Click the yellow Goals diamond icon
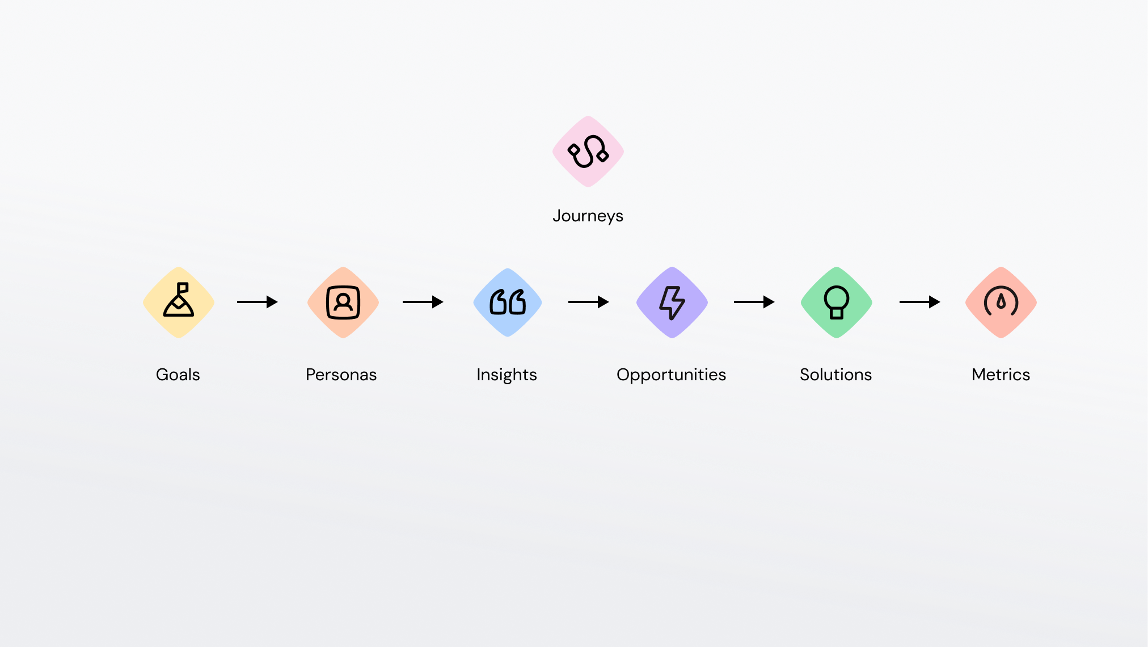(x=179, y=303)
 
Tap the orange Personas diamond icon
(x=343, y=303)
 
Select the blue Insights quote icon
(x=508, y=303)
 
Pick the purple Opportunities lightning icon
(x=672, y=303)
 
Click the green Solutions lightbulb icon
(x=837, y=303)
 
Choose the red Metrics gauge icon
(x=1001, y=303)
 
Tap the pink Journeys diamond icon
(x=588, y=152)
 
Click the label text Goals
(x=178, y=375)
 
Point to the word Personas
(x=341, y=375)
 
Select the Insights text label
(x=507, y=375)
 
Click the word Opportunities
(x=672, y=375)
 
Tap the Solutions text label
(x=836, y=375)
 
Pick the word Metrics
(x=1001, y=375)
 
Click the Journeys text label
(x=588, y=216)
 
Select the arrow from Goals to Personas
(x=258, y=302)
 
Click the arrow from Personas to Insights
(x=423, y=302)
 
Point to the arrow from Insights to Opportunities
(x=589, y=302)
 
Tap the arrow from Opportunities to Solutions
(x=754, y=302)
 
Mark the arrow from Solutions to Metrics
(x=920, y=302)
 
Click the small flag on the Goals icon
(x=183, y=287)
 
